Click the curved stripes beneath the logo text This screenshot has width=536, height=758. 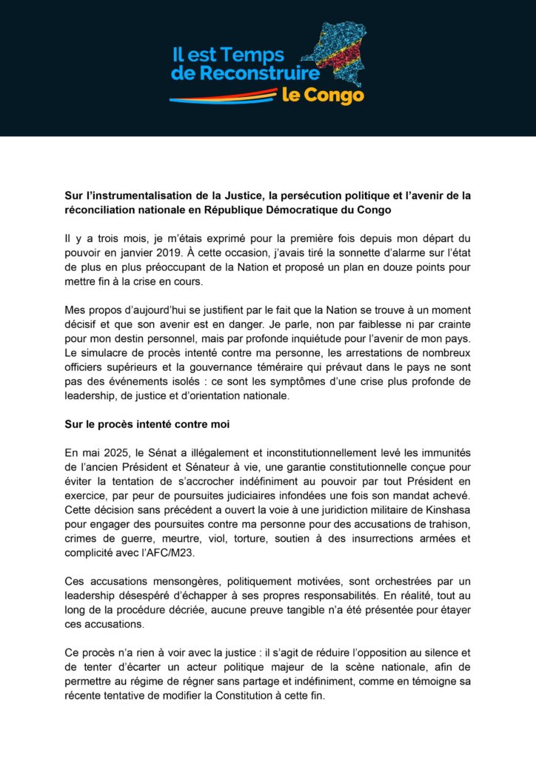tap(222, 95)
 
